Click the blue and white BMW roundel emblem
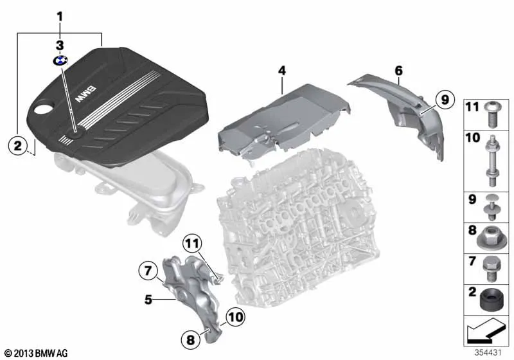point(60,60)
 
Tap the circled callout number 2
point(17,145)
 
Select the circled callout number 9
point(445,99)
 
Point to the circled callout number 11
point(191,244)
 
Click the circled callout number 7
point(148,271)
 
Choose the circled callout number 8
point(190,339)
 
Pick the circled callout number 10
point(235,317)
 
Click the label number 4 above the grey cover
point(282,71)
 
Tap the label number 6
point(398,71)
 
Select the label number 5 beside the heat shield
point(148,300)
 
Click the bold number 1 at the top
point(60,17)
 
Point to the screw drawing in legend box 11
point(490,114)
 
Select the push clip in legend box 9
point(490,208)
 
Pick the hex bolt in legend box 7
point(490,269)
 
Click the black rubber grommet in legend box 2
point(490,300)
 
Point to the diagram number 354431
point(488,352)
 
